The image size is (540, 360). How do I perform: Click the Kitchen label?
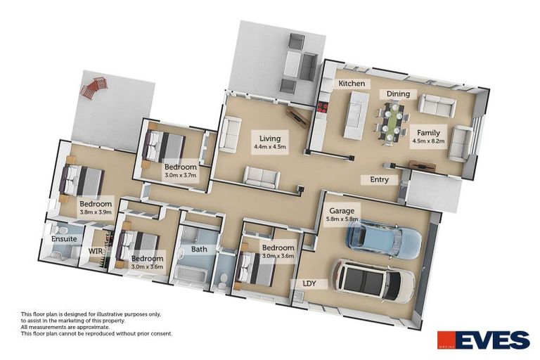pyautogui.click(x=352, y=84)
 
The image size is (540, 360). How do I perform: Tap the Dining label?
pyautogui.click(x=398, y=94)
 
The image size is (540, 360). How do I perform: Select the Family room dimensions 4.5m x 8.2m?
pyautogui.click(x=428, y=141)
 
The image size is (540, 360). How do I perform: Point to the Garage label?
pyautogui.click(x=342, y=210)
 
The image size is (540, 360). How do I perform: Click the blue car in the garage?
pyautogui.click(x=383, y=240)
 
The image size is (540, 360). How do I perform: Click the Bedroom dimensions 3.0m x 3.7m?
pyautogui.click(x=179, y=174)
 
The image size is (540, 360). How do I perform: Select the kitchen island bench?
pyautogui.click(x=354, y=115)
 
